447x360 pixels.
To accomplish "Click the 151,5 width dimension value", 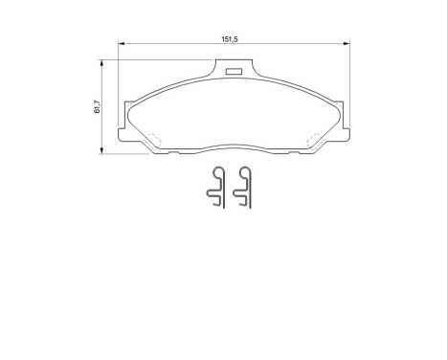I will (229, 40).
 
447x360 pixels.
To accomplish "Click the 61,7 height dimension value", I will (97, 108).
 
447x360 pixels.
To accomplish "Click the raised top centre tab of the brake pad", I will (231, 72).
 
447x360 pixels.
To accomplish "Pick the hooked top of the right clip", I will (245, 172).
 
